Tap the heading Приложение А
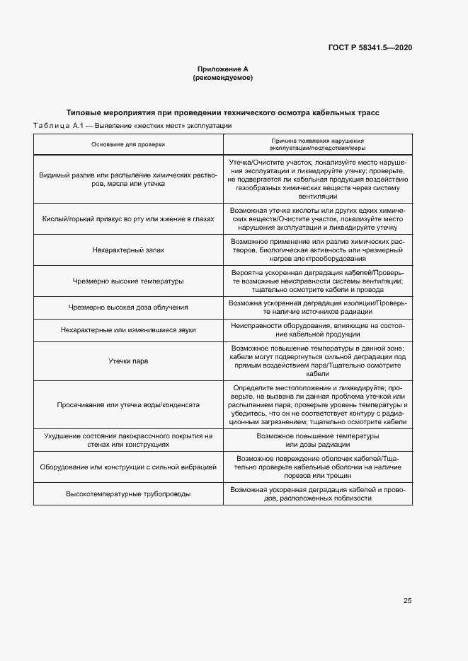223,69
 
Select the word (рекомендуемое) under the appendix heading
223,78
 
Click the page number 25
407,601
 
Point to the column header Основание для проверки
128,144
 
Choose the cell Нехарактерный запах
128,250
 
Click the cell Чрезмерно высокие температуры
128,281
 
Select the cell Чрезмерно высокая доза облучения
128,307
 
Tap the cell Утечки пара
128,361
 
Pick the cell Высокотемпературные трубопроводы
128,493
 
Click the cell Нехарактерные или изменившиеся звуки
128,329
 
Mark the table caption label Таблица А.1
59,125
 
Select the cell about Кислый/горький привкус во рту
128,219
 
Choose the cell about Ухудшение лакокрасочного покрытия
128,440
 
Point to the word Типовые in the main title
86,112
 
